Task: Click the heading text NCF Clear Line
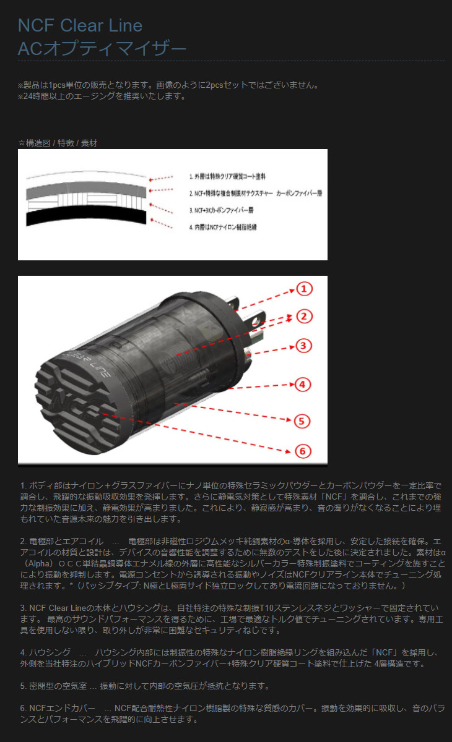[x=80, y=25]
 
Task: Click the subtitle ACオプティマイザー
[x=102, y=48]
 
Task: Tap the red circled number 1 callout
[x=304, y=289]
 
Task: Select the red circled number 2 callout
[x=302, y=317]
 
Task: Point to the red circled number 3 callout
[x=302, y=345]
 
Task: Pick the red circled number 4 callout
[x=302, y=384]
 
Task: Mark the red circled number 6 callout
[x=302, y=451]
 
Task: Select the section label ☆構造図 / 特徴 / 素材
[x=58, y=143]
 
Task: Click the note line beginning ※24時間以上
[x=102, y=96]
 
